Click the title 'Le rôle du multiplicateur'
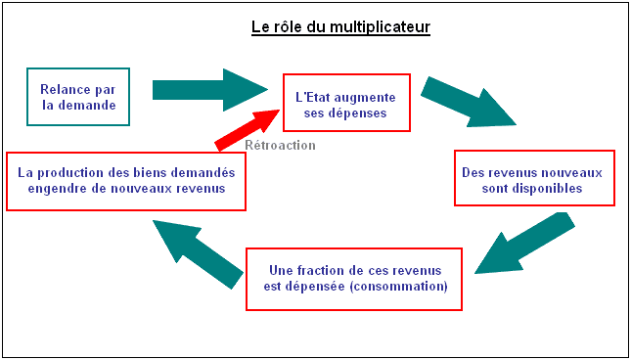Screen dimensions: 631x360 [340, 26]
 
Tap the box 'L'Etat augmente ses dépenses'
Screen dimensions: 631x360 [345, 103]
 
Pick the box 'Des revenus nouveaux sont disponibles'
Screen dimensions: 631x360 [534, 178]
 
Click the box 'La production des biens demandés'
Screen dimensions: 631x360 [126, 180]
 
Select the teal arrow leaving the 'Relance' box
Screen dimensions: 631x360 [208, 90]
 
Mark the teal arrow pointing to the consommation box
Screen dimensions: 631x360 [522, 246]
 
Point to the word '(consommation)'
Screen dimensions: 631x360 [401, 287]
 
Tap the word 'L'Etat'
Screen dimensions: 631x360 [314, 96]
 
